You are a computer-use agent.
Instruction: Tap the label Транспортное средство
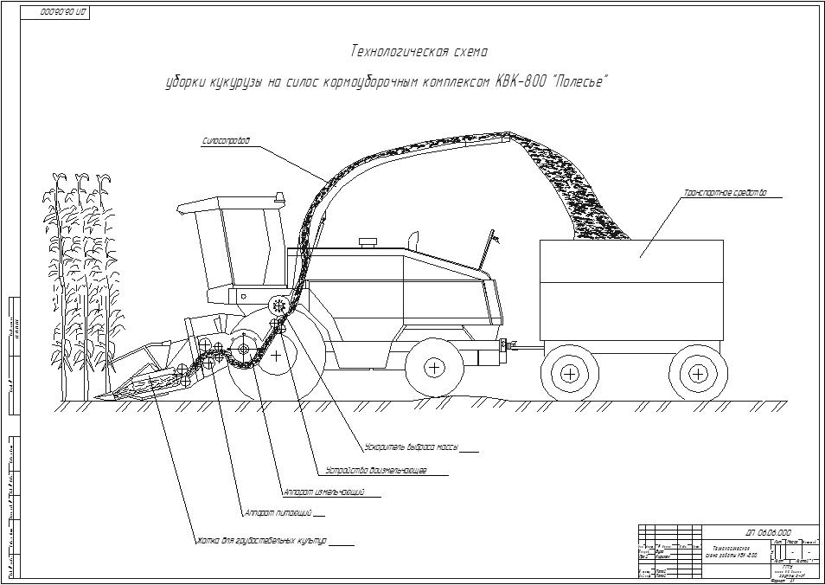pos(725,193)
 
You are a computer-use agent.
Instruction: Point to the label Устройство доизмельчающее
pos(374,471)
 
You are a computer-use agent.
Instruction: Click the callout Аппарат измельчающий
pos(323,492)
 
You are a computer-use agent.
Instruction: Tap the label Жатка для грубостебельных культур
pos(261,541)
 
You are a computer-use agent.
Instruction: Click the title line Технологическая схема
pos(419,52)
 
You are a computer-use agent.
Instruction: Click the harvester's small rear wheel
pos(434,367)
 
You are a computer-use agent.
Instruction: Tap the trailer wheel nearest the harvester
pos(569,375)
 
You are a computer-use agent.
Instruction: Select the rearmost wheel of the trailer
pos(698,375)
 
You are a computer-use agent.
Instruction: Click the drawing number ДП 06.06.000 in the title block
pos(767,533)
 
